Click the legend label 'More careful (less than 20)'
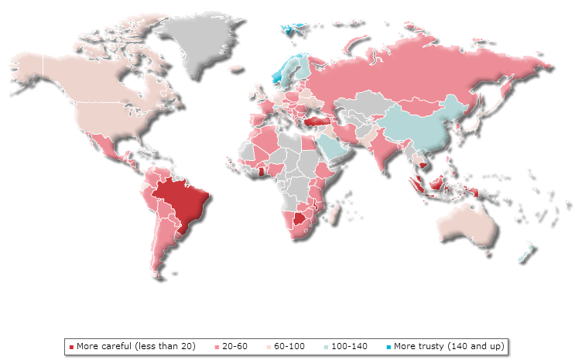(135, 345)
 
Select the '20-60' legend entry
(234, 345)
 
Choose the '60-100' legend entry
(291, 345)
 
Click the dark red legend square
(71, 346)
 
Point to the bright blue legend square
(388, 346)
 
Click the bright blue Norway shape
(280, 74)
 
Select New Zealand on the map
(527, 251)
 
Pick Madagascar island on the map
(331, 213)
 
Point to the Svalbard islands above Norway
(291, 30)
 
